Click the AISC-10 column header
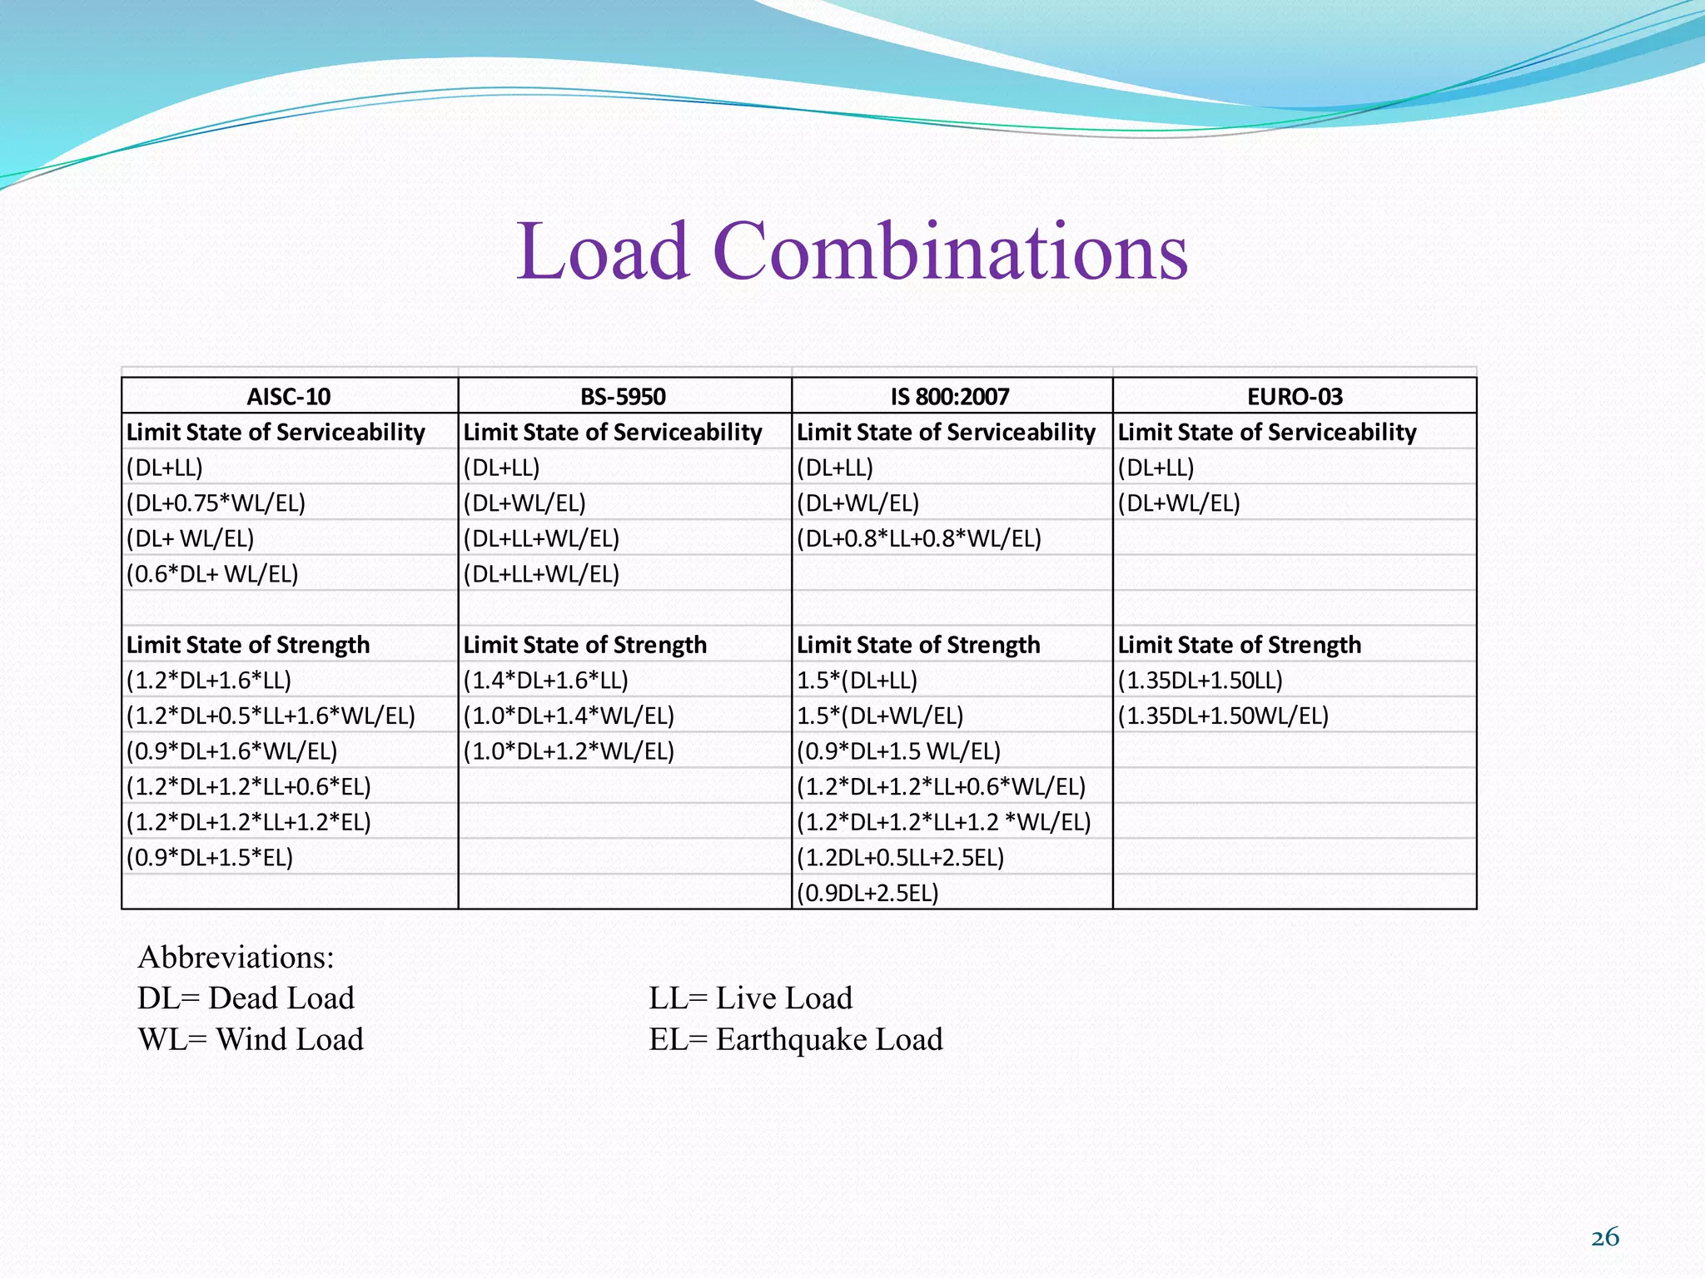[289, 396]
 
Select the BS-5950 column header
[623, 396]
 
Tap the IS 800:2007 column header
[950, 396]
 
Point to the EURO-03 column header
[1295, 396]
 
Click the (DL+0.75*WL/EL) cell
[216, 503]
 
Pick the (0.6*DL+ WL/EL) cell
[212, 573]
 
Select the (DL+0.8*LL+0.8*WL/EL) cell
[919, 538]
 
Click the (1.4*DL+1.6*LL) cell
[545, 680]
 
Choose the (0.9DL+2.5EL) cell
[867, 893]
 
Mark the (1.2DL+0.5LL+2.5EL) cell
[900, 857]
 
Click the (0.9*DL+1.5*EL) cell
[210, 857]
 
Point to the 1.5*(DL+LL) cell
[857, 680]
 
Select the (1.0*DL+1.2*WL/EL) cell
[569, 750]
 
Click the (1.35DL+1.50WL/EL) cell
[1223, 716]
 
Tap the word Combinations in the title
[950, 250]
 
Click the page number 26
[1604, 1237]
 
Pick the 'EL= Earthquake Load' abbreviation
[796, 1039]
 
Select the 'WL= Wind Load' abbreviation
[251, 1039]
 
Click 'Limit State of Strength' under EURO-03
[1239, 645]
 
